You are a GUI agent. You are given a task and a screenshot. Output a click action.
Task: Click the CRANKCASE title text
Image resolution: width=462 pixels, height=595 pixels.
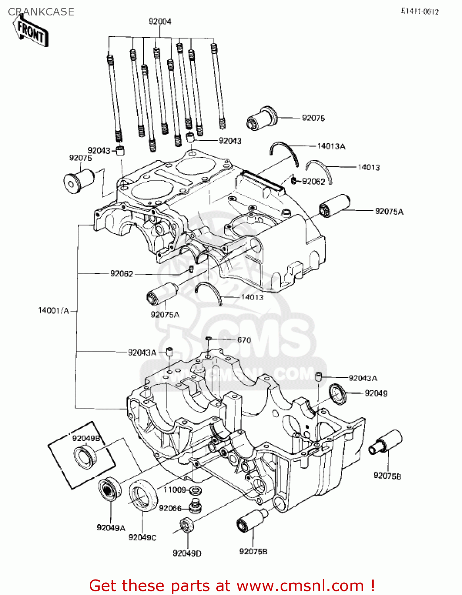pos(41,12)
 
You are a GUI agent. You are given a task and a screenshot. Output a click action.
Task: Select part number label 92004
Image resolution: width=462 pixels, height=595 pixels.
pos(160,21)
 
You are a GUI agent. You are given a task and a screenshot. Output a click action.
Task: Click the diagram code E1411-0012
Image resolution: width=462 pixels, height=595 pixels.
pos(420,12)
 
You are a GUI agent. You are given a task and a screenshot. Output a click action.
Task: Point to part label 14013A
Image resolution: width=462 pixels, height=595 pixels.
pos(331,146)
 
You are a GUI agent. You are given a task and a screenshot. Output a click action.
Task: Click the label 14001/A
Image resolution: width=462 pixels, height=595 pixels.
pos(53,311)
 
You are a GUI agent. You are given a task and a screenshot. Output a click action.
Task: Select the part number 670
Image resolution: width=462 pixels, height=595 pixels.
pos(244,340)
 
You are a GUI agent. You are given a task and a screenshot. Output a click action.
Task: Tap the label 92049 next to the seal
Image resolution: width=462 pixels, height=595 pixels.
pos(376,393)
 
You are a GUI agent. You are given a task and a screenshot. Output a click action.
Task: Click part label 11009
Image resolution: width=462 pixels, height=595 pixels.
pos(175,489)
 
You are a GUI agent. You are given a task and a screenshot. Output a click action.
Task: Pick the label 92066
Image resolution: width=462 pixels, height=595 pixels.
pos(170,508)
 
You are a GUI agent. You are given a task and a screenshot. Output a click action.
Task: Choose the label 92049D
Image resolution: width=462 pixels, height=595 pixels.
pos(187,553)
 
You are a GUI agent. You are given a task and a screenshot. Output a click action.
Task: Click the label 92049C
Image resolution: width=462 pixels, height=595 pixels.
pos(142,537)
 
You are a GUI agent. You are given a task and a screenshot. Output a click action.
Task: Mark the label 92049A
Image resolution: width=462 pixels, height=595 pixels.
pos(111,528)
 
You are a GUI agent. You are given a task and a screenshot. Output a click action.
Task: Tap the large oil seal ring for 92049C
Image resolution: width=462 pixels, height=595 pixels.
pos(142,494)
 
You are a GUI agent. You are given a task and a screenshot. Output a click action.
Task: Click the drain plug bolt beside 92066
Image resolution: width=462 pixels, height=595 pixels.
pos(195,506)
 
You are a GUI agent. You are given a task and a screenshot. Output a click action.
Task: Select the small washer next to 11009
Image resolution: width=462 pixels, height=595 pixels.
pos(195,490)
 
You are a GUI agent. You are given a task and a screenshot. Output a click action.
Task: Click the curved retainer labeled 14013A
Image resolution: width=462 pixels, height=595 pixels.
pos(284,151)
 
